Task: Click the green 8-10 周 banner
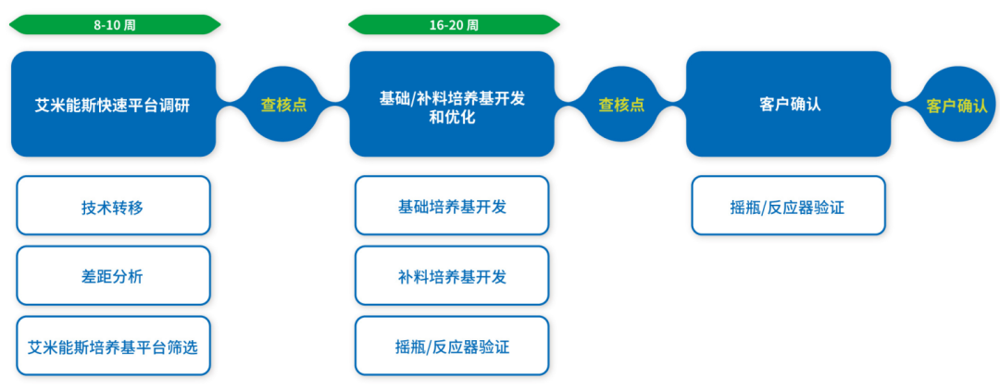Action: (114, 25)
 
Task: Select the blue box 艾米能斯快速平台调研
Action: (113, 105)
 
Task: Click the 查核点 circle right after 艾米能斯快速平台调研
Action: (283, 105)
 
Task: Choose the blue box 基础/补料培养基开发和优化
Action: (452, 105)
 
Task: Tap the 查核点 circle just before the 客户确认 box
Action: (621, 105)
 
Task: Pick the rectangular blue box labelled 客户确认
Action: (788, 105)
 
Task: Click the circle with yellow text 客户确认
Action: (956, 105)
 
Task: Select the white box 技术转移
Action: (113, 206)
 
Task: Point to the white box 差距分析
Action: (113, 276)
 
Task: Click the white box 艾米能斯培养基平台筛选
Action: (113, 347)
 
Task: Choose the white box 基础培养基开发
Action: (452, 206)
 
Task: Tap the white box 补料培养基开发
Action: (452, 276)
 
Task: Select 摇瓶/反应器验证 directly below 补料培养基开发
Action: (452, 347)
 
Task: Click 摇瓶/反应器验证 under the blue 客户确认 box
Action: (788, 206)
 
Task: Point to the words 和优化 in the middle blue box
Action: (452, 118)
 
